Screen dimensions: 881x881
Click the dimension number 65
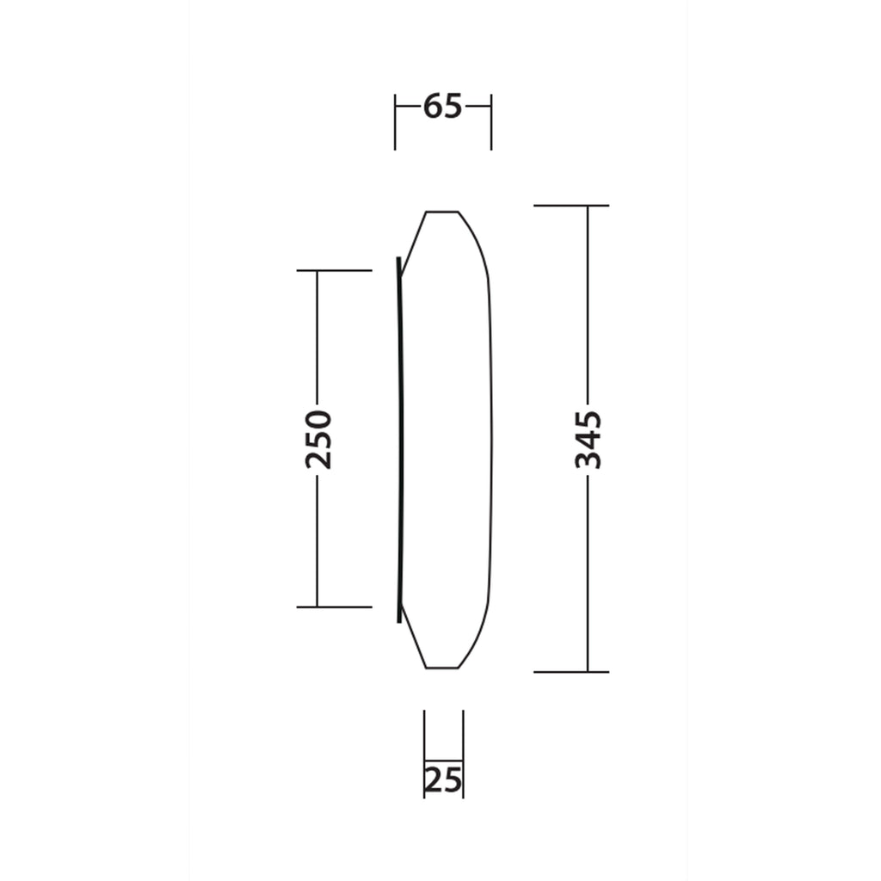tap(443, 106)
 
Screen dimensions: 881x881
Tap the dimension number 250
tap(318, 440)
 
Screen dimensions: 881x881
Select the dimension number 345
tap(588, 440)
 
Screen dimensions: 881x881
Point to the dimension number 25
tap(443, 779)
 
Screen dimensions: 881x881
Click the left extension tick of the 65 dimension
tap(395, 122)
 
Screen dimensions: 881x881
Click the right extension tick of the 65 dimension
tap(491, 122)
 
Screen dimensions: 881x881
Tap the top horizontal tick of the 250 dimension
tap(335, 270)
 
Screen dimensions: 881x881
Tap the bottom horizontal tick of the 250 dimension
tap(335, 607)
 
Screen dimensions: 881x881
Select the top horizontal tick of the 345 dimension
tap(571, 206)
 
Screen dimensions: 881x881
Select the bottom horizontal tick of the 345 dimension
tap(571, 671)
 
